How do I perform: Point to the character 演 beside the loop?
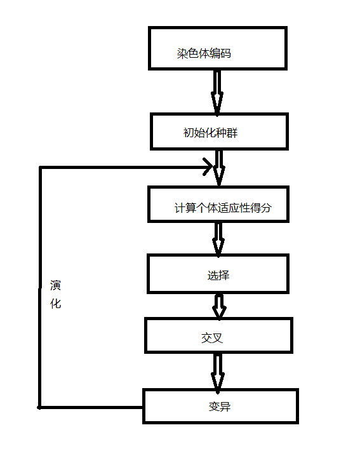[56, 286]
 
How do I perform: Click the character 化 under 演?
[56, 304]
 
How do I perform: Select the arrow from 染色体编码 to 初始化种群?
[217, 91]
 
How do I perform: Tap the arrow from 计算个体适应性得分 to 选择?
[218, 238]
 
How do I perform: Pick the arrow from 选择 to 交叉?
[219, 306]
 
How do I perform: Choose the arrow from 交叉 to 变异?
[217, 372]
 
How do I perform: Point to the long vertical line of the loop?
[40, 286]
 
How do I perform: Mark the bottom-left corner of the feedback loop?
[40, 407]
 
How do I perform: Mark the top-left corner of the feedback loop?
[40, 168]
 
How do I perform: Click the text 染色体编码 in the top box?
[204, 53]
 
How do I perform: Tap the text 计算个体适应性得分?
[223, 208]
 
